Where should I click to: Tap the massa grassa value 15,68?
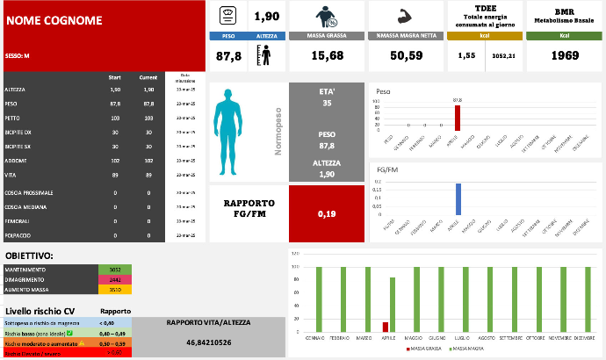click(327, 55)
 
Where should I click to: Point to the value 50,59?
click(406, 55)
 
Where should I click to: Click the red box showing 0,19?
click(326, 212)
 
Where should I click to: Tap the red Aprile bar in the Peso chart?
click(457, 118)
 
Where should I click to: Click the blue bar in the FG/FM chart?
click(458, 199)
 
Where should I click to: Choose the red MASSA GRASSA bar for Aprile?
click(385, 327)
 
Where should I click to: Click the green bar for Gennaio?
click(318, 299)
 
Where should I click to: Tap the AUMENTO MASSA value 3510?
click(114, 288)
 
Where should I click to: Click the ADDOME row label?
click(17, 161)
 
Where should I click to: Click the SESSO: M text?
click(18, 55)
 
